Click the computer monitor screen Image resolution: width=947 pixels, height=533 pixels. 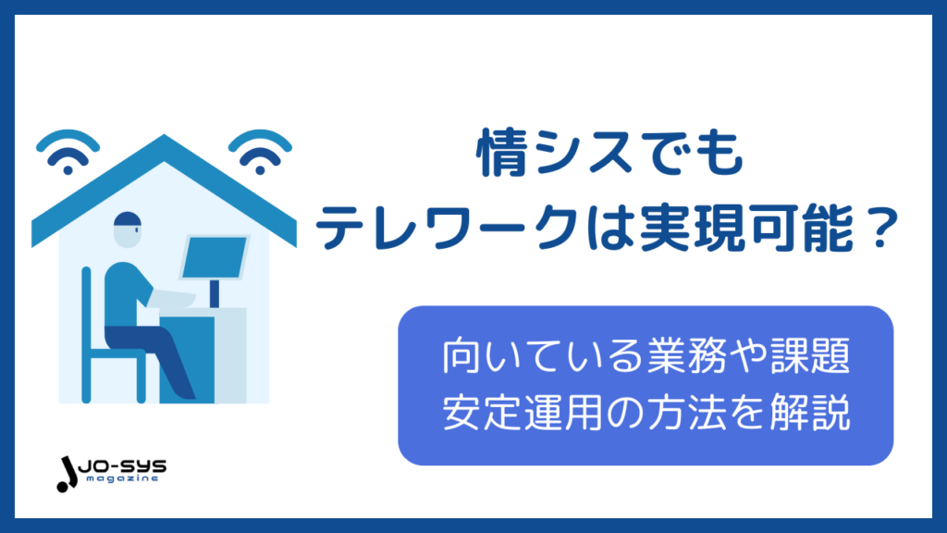coord(215,257)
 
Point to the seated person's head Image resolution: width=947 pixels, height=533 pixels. coord(128,229)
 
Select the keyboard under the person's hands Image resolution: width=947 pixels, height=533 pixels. coord(173,299)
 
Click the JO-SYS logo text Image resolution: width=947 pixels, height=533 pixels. coord(122,466)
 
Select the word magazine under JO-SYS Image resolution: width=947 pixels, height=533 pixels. coord(122,478)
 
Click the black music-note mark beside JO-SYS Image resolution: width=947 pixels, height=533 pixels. coord(67,475)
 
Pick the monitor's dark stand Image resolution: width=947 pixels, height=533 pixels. coord(215,293)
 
